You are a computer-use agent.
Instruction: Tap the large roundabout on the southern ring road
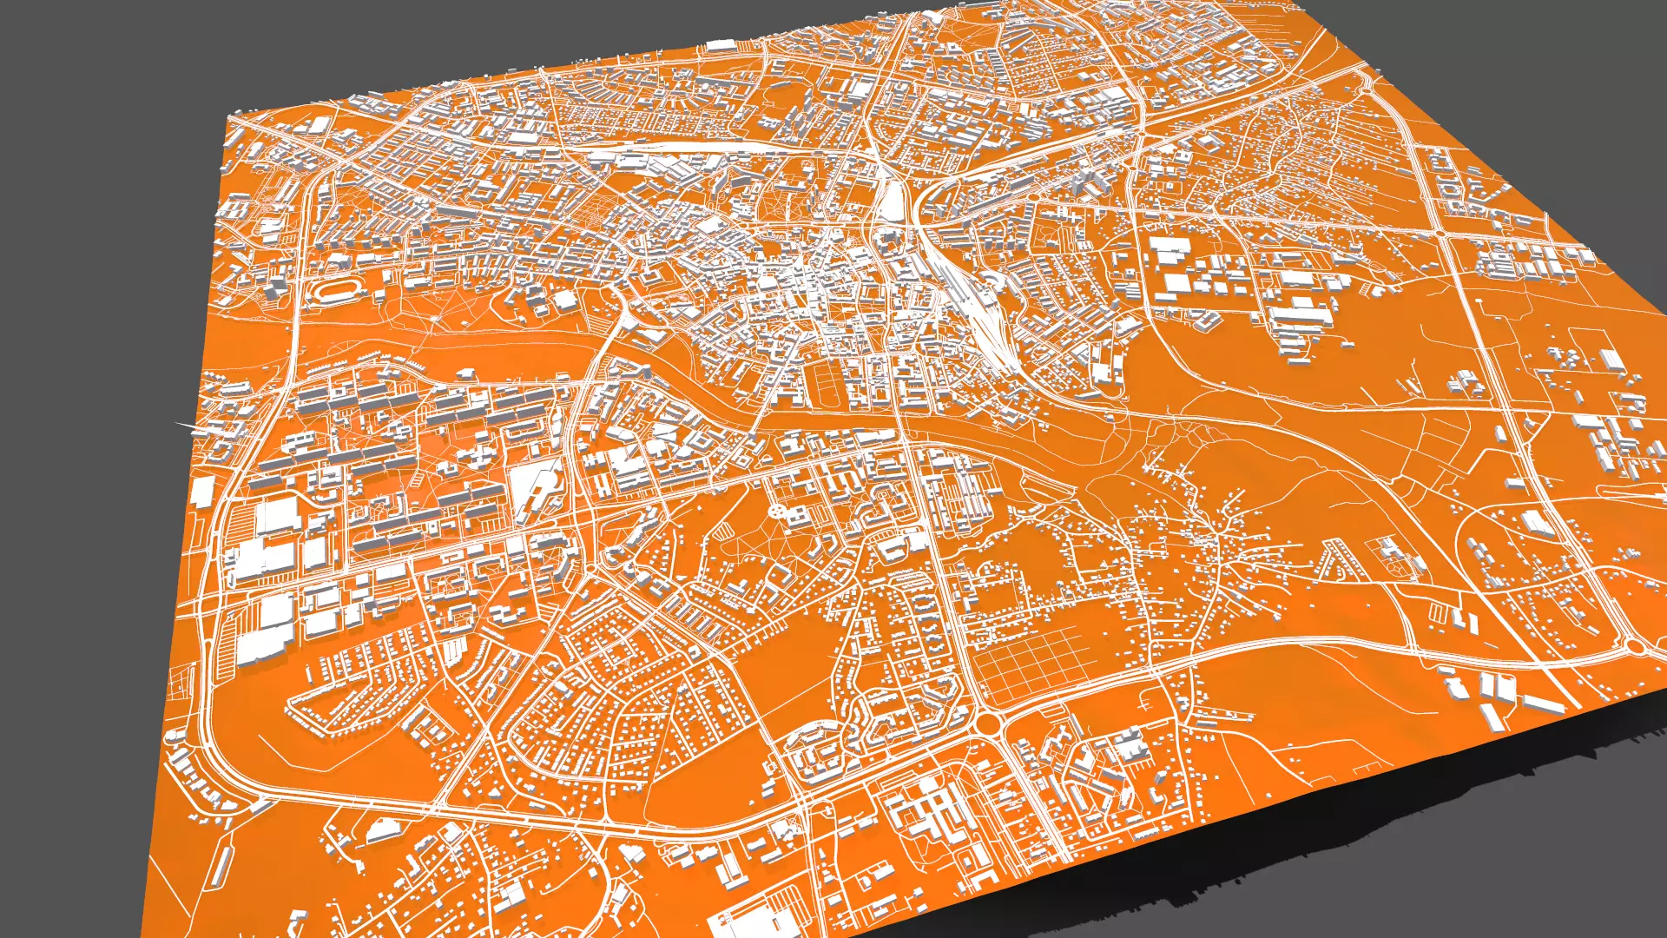click(987, 723)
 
